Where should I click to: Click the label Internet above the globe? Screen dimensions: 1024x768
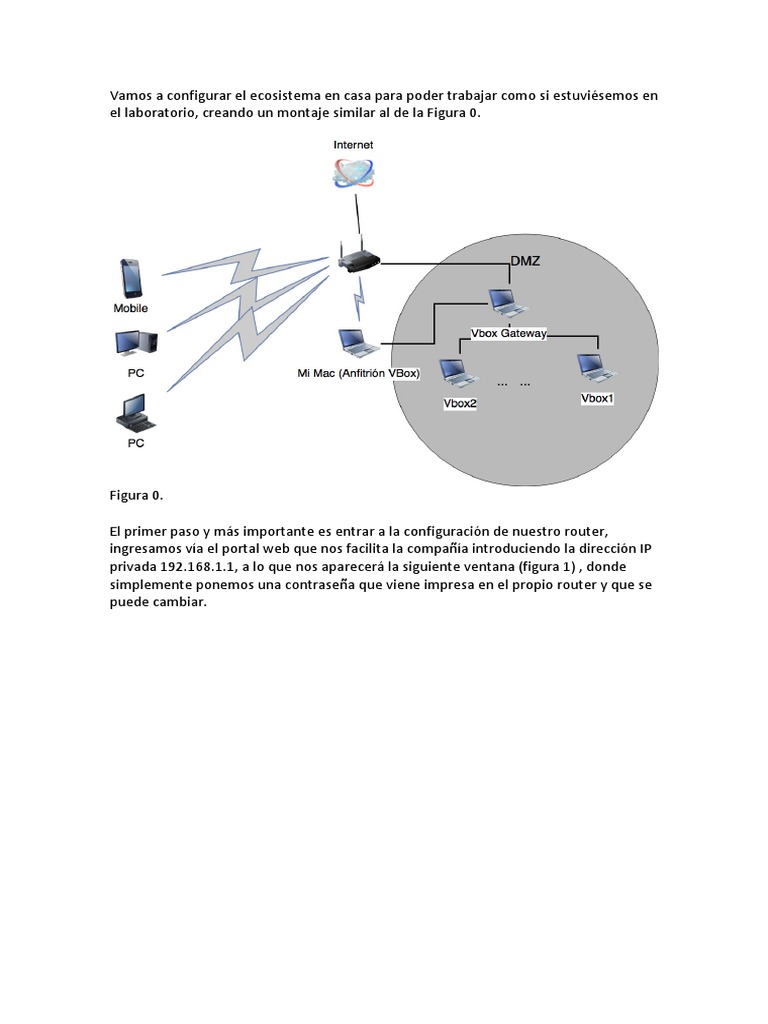tap(353, 145)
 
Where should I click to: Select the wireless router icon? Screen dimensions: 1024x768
tap(358, 260)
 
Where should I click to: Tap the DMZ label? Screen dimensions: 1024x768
tap(526, 261)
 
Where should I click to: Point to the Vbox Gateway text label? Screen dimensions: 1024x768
tap(508, 334)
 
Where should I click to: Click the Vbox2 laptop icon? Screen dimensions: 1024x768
tap(459, 373)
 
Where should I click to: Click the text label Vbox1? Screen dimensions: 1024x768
tap(598, 398)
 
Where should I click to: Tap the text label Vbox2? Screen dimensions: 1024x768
tap(459, 403)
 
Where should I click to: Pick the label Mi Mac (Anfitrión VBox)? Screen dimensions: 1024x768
tap(358, 373)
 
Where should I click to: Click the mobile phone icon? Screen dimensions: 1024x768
tap(131, 278)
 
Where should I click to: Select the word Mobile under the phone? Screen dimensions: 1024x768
tap(131, 309)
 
